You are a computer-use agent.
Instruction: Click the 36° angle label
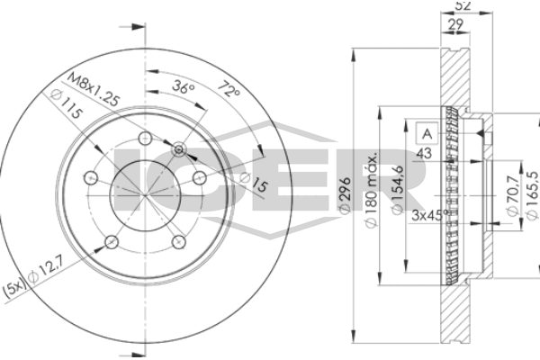183,88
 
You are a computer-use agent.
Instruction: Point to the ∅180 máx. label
369,191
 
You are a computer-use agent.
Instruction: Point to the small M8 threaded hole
178,148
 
